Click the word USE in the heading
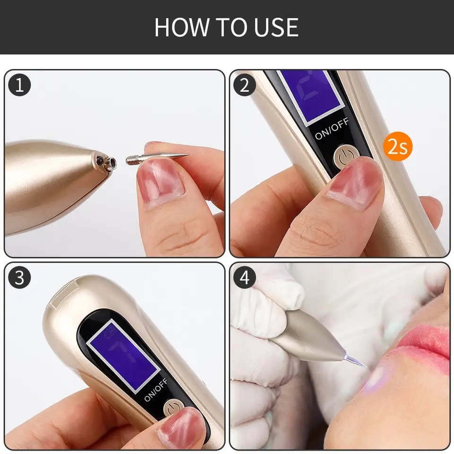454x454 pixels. tap(275, 27)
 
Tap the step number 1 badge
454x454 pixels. tap(19, 85)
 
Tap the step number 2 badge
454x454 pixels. tap(244, 85)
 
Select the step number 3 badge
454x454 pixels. tap(19, 278)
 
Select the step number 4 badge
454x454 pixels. tap(244, 278)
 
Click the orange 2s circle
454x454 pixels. tap(398, 147)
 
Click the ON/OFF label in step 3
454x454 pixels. tap(156, 389)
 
